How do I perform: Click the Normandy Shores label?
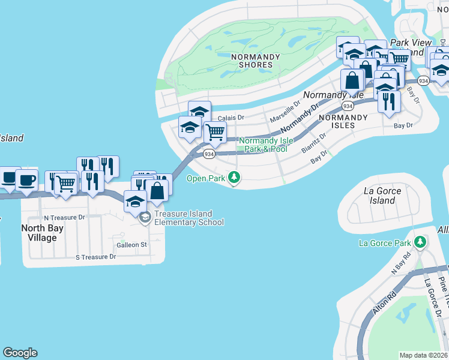pos(256,61)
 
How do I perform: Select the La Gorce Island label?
pos(382,196)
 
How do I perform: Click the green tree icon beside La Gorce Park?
pos(421,242)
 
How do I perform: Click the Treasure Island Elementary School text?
pos(188,218)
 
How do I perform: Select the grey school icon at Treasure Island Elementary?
pos(144,218)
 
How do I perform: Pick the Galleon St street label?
pos(131,245)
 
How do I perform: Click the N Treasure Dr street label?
pos(64,218)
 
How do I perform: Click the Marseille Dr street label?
pos(284,110)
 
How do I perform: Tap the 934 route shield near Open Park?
pos(209,154)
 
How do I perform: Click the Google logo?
pos(20,353)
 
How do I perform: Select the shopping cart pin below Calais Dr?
pos(215,133)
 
